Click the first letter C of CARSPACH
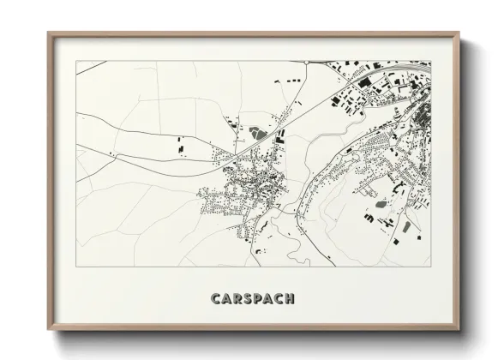213,299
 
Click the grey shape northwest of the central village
255,134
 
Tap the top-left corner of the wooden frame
48,33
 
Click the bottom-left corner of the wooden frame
48,333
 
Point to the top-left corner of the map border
75,60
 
